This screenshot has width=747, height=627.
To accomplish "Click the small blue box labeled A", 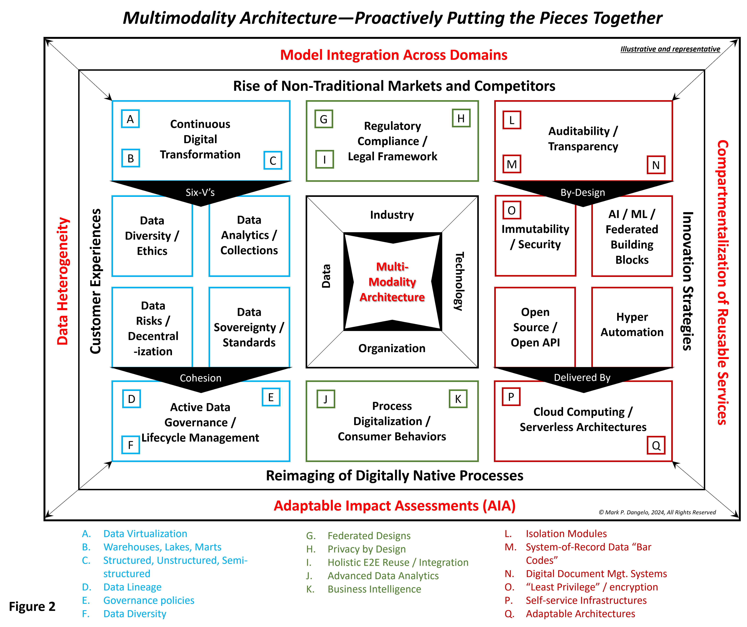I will coord(130,119).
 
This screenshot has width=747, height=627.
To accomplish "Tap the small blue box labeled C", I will coord(273,160).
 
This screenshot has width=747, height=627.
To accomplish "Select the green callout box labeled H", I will coord(461,118).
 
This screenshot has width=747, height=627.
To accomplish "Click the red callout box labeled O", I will coord(512,210).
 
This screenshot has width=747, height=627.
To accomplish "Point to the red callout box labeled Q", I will coord(656,445).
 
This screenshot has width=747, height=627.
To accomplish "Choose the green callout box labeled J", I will coord(325,399).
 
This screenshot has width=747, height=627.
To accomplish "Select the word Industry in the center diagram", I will coord(392,215).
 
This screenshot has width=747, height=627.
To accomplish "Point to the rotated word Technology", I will coord(459,281).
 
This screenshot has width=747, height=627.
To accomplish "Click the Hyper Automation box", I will coord(632,324).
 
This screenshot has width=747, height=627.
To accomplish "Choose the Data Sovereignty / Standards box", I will coord(249,327).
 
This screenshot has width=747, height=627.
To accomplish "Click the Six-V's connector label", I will coord(200,192).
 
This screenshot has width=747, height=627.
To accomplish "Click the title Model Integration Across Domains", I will coord(393,55).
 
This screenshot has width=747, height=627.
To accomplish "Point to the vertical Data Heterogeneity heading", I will coord(63,281).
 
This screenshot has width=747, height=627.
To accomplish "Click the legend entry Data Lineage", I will coord(132,587).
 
